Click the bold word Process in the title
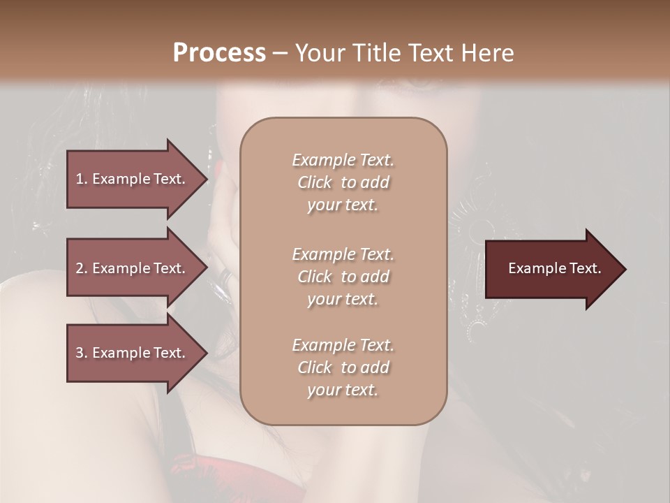pos(219,53)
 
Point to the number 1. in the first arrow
pos(82,179)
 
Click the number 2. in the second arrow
pos(82,268)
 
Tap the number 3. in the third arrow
pos(82,353)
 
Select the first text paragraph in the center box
pos(343,182)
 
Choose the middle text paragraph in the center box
pos(343,277)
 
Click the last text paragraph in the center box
pos(343,367)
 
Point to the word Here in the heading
pos(490,53)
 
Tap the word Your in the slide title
pos(320,53)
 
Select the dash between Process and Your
pos(280,53)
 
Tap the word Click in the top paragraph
pos(315,182)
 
